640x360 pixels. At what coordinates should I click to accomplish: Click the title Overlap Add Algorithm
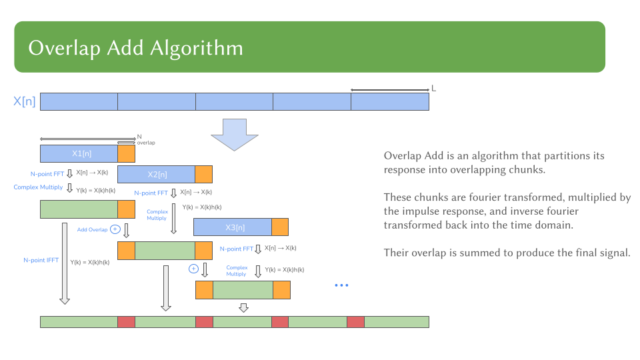(135, 48)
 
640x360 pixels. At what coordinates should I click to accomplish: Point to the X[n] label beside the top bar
(25, 101)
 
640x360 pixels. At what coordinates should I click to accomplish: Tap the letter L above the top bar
(434, 88)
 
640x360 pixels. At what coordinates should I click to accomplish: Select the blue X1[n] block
(79, 154)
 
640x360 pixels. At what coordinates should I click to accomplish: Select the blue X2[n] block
(156, 175)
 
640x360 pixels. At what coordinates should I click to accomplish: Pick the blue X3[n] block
(232, 227)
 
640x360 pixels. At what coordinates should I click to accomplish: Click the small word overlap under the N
(146, 143)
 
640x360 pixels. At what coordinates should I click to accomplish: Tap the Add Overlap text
(92, 229)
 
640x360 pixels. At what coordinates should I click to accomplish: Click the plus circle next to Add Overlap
(115, 229)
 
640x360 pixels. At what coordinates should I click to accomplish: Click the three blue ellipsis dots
(341, 285)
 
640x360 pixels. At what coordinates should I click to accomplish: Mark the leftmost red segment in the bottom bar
(126, 322)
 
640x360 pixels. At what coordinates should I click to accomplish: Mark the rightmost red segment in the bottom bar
(355, 322)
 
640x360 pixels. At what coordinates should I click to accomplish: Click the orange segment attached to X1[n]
(126, 154)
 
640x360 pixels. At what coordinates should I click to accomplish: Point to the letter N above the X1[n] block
(139, 136)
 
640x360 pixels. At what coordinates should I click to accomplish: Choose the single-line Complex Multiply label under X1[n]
(39, 187)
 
